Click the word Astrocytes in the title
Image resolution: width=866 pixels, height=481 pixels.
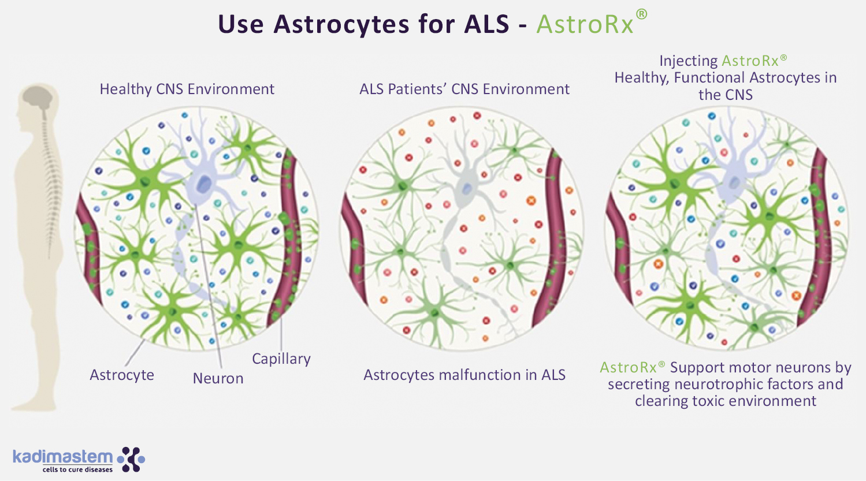point(334,25)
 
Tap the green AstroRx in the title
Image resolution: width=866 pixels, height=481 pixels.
point(585,25)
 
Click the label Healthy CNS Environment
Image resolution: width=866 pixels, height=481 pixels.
point(187,89)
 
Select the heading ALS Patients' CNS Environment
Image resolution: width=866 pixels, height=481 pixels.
point(464,89)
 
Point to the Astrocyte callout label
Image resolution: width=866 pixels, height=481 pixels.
point(122,375)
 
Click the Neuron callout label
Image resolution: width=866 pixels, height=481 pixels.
point(218,378)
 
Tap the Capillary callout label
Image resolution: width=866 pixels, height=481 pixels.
point(281,359)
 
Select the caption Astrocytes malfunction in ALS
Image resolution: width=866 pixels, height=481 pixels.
point(464,375)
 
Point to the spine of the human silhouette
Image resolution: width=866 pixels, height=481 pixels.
point(52,173)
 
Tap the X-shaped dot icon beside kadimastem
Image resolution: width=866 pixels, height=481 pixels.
point(132,458)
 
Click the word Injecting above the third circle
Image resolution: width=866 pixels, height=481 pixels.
point(688,61)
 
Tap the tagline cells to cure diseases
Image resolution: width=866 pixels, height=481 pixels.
point(77,469)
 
